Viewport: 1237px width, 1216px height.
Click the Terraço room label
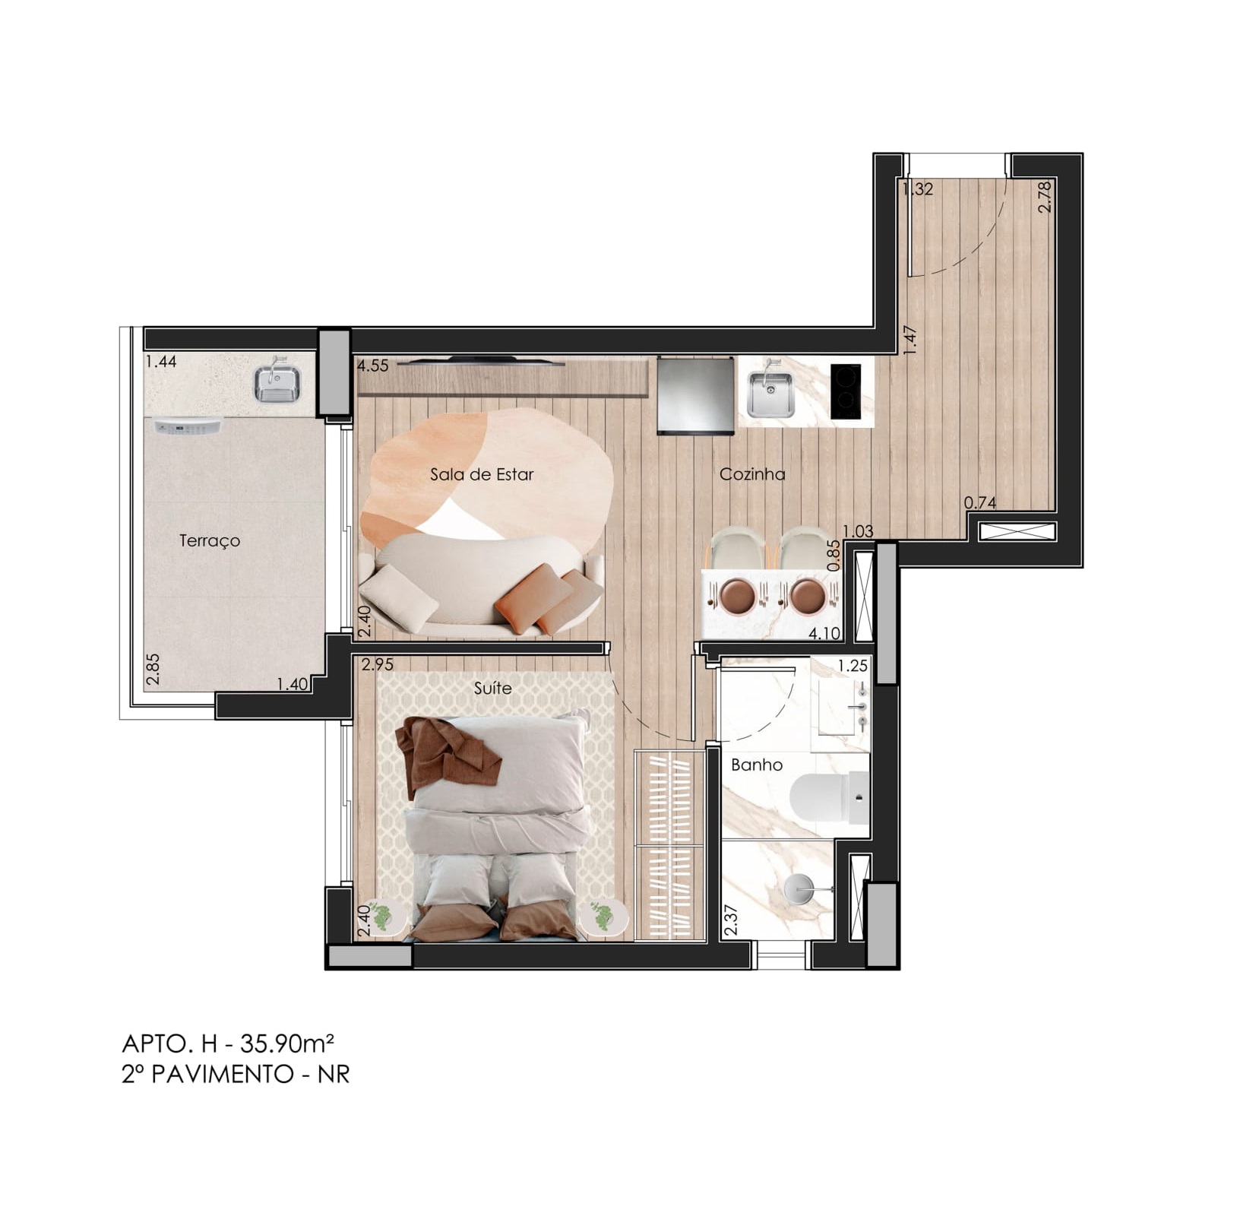point(210,540)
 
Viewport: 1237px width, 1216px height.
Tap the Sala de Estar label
point(482,474)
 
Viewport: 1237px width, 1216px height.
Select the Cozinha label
point(752,474)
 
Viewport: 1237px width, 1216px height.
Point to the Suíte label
point(492,688)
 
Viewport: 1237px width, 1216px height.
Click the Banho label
point(757,765)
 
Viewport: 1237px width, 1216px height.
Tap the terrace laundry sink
point(278,382)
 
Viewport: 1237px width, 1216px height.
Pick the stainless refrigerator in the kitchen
point(696,395)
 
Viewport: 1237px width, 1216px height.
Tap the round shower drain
point(799,889)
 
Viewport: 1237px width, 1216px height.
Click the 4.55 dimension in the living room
point(373,366)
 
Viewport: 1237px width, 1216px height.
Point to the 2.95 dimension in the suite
point(378,664)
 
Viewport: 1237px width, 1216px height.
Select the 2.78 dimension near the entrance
point(1045,195)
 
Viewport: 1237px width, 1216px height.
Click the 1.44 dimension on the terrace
point(161,362)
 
